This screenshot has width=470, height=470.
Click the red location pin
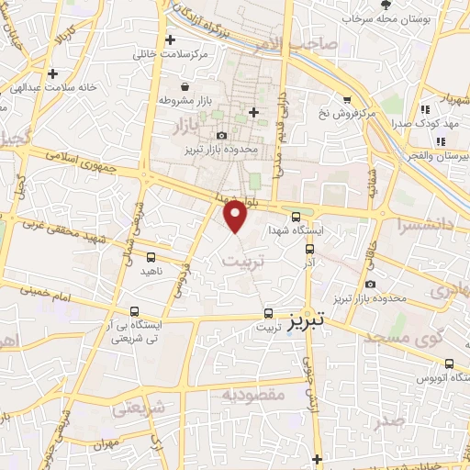(x=237, y=216)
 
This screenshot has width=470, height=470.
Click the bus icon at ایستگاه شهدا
(x=295, y=218)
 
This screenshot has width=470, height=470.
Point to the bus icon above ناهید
(x=151, y=259)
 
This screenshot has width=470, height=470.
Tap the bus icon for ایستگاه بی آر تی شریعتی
(x=135, y=311)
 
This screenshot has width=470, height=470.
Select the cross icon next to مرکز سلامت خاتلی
(x=170, y=39)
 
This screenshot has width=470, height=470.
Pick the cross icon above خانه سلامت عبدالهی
(x=52, y=73)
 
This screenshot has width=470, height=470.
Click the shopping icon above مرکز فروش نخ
(x=347, y=100)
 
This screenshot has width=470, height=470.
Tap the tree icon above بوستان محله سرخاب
(x=385, y=5)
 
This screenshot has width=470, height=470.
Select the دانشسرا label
(x=419, y=222)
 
